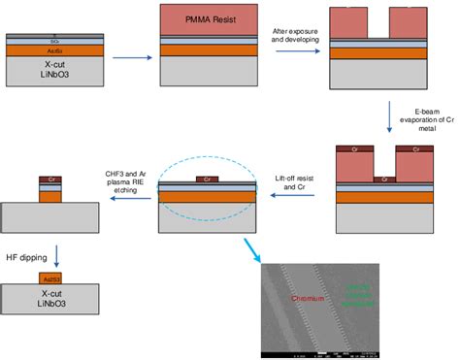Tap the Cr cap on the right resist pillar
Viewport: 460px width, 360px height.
[x=416, y=150]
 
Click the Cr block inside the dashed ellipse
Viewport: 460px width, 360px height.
[x=207, y=179]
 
